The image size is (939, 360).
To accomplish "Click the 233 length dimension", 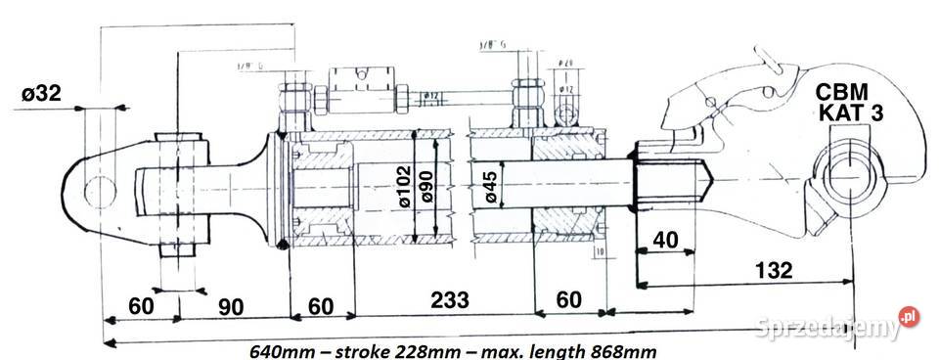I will tap(444, 299).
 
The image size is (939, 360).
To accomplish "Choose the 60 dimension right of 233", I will tap(567, 300).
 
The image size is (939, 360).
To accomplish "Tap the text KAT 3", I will tap(851, 113).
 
